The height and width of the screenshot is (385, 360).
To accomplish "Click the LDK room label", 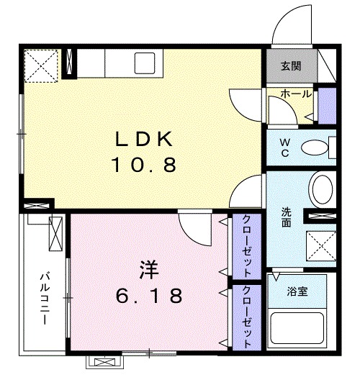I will [x=142, y=139].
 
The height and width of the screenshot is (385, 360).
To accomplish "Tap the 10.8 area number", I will [x=143, y=166].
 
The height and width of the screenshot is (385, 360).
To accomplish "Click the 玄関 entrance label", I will [x=290, y=67].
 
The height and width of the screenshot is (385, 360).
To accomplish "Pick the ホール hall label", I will [x=295, y=94].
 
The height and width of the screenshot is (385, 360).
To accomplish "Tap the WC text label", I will [x=285, y=148].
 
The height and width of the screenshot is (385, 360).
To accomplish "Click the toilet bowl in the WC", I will [x=313, y=148].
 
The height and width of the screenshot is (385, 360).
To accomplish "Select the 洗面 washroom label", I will [x=286, y=217].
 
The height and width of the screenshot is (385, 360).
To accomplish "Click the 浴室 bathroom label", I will [x=297, y=291].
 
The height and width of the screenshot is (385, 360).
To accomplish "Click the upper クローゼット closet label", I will [x=246, y=247].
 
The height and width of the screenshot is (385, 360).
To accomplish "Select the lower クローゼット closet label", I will [x=246, y=317].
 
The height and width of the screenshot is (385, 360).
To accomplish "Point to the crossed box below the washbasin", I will [x=320, y=245].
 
